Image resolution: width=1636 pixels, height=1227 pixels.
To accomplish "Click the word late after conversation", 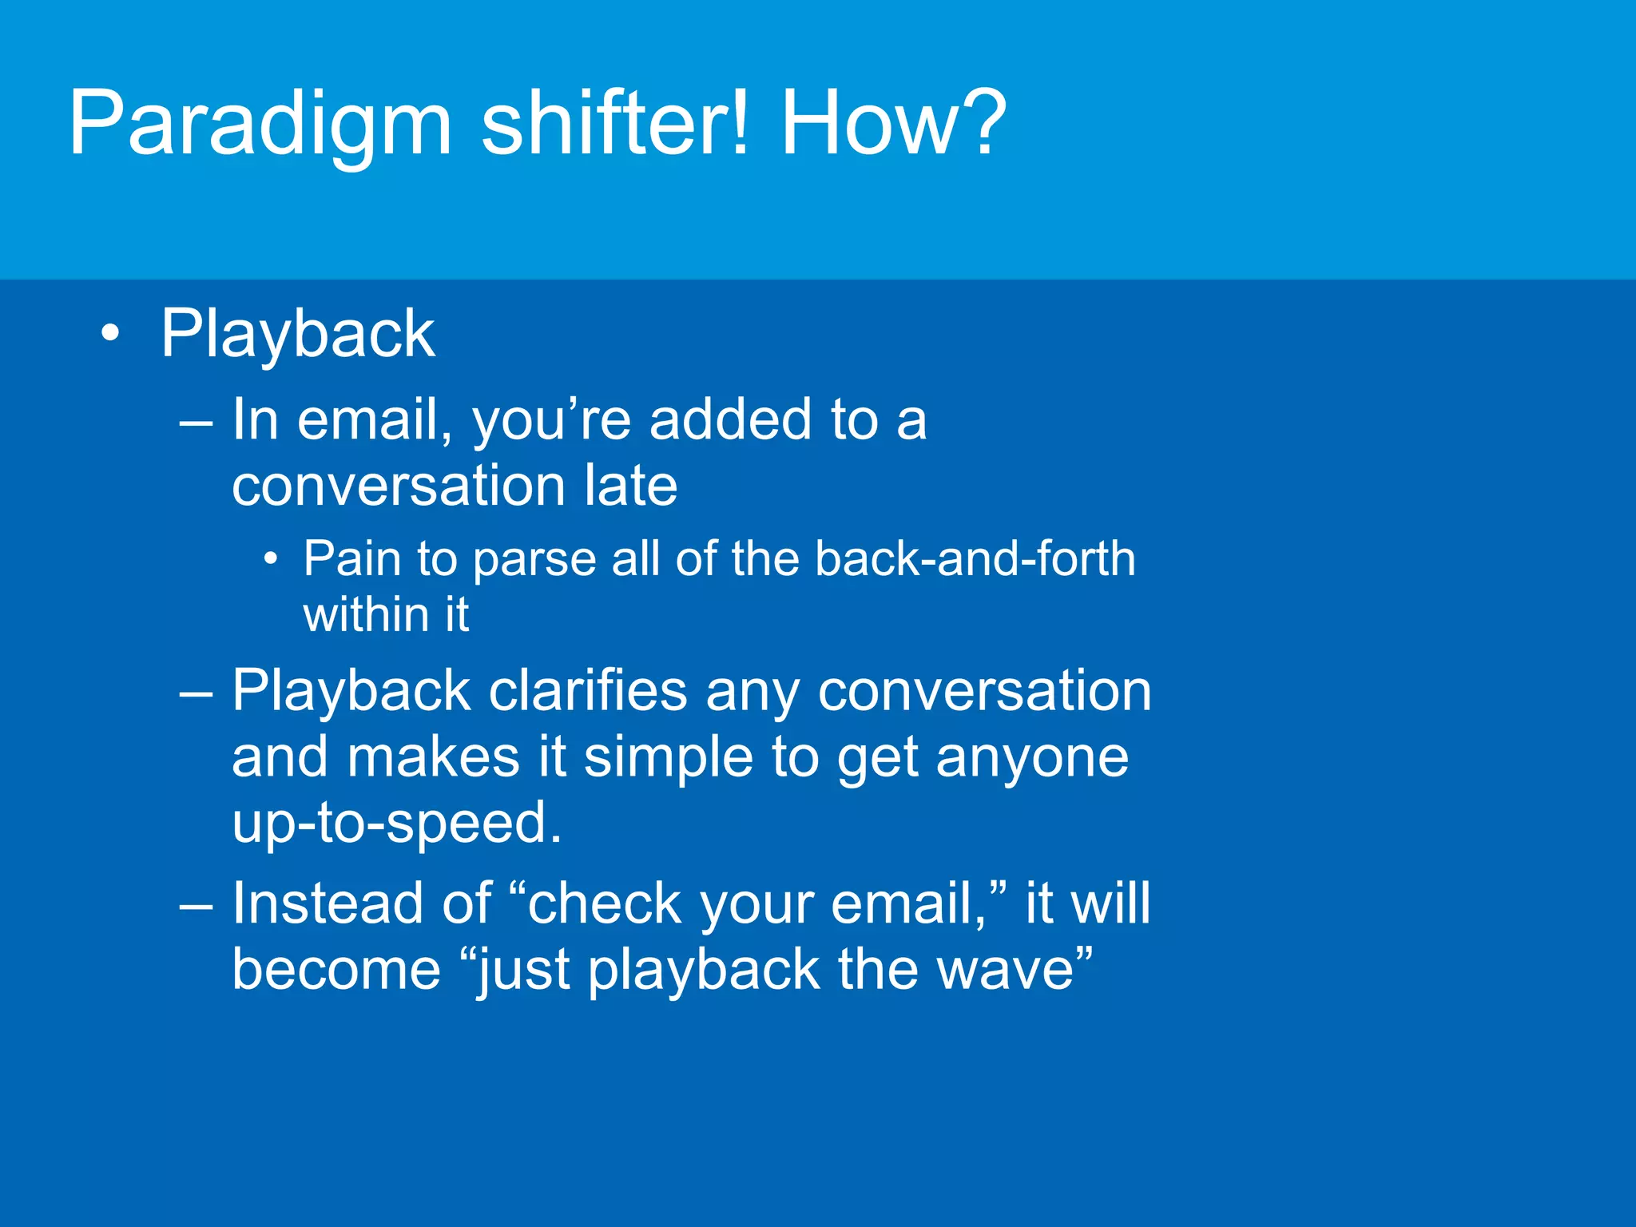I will pos(630,485).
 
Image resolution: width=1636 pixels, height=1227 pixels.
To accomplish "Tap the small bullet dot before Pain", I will pos(272,559).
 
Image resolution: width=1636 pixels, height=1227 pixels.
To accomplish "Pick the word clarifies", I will pos(587,691).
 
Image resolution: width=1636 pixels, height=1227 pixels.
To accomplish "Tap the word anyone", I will pos(1032,757).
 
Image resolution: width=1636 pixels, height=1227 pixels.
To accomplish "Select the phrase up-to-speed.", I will pos(397,823).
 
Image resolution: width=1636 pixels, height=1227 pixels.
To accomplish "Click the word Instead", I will pos(327,903).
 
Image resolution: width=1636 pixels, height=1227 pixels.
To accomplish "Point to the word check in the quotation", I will pos(604,903).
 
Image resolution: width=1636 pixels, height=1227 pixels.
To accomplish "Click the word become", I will pos(336,970).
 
